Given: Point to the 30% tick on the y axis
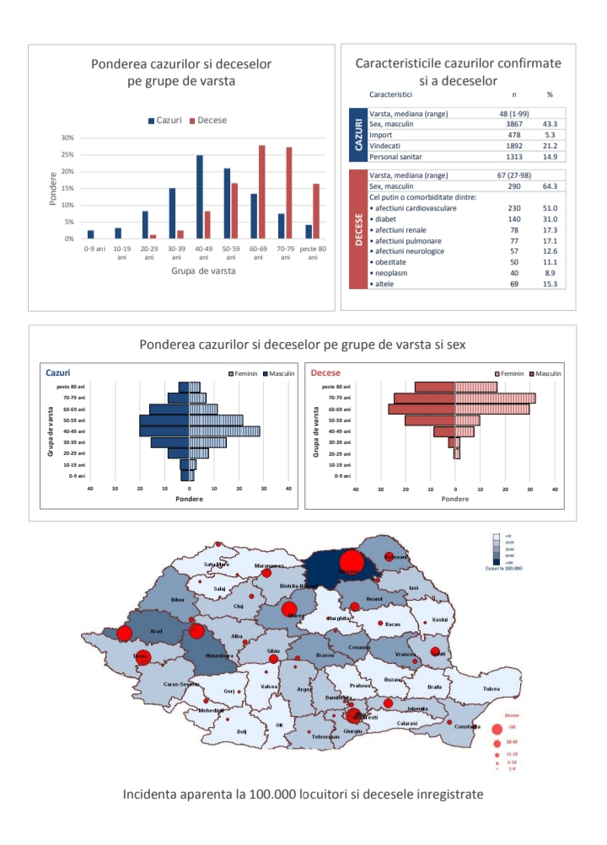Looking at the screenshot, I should pos(68,138).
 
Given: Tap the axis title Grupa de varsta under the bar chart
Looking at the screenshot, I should pos(203,271).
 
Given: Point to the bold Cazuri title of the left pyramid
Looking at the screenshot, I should pos(58,372).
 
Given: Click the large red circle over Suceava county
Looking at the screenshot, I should pos(350,560).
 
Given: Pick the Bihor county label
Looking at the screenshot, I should pos(177,600).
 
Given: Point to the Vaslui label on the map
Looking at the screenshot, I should pos(438,620).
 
